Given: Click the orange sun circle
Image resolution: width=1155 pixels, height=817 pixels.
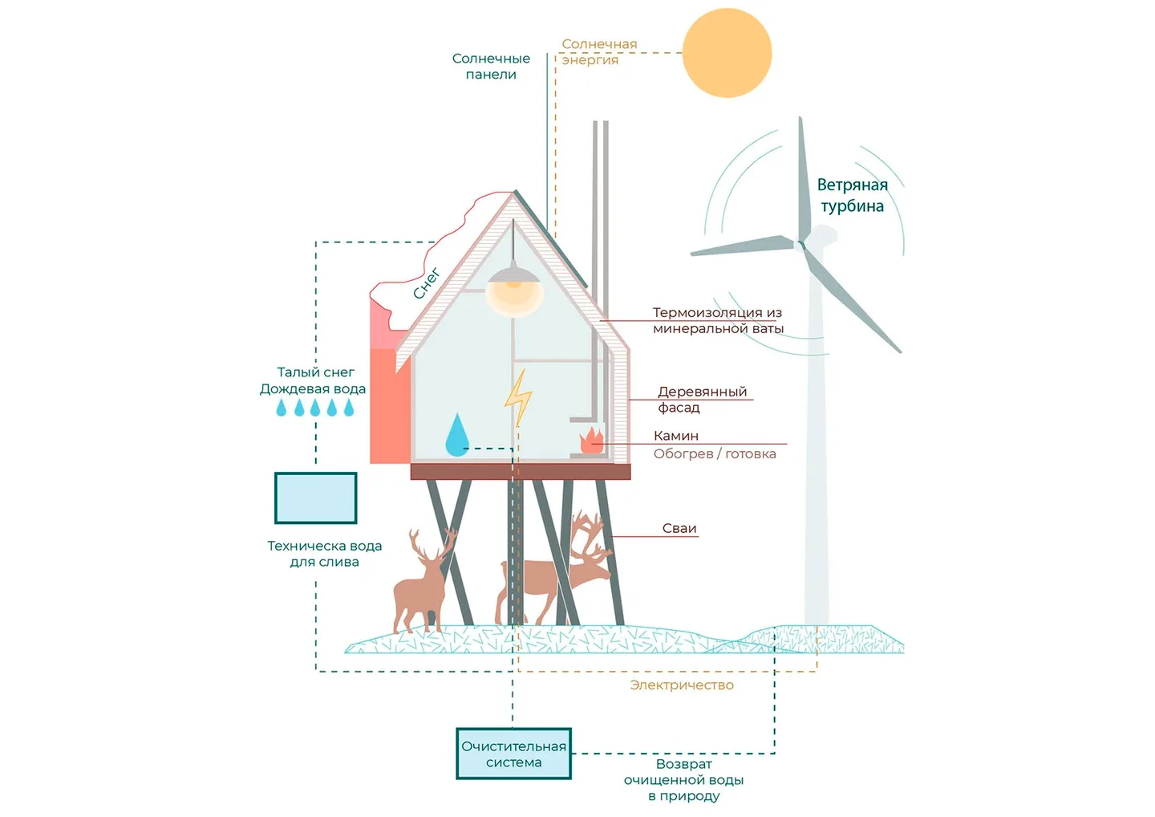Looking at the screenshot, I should (x=727, y=53).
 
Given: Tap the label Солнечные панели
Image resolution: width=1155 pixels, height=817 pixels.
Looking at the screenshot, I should (x=491, y=67).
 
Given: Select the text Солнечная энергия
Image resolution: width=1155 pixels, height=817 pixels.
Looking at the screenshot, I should (x=599, y=52).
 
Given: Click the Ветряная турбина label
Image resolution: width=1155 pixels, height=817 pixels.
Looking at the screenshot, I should (x=852, y=195).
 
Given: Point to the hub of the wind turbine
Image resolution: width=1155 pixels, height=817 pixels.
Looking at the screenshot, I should (x=801, y=242).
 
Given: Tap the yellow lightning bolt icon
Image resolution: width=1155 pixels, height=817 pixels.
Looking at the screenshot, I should (x=518, y=397).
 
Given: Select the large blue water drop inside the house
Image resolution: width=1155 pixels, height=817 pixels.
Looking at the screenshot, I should (x=457, y=436).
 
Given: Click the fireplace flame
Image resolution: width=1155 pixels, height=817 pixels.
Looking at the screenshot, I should (x=592, y=441).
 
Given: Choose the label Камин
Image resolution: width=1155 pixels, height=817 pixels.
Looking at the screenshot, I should (x=676, y=436).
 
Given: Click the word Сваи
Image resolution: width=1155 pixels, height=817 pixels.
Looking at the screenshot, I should (x=679, y=528).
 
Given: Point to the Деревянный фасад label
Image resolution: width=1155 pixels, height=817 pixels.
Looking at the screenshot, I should (x=702, y=400).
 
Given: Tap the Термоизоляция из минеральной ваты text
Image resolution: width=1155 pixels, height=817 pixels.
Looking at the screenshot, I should (x=717, y=320).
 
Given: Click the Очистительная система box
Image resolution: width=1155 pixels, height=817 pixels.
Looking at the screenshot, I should (x=513, y=754).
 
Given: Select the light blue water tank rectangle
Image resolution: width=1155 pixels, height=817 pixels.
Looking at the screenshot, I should (x=316, y=498).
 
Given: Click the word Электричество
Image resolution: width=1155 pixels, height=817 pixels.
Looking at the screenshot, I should (x=682, y=685).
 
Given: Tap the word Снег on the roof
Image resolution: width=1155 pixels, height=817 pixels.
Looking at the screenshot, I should (x=427, y=283).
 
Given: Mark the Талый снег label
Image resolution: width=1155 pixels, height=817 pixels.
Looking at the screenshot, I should (x=315, y=372).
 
